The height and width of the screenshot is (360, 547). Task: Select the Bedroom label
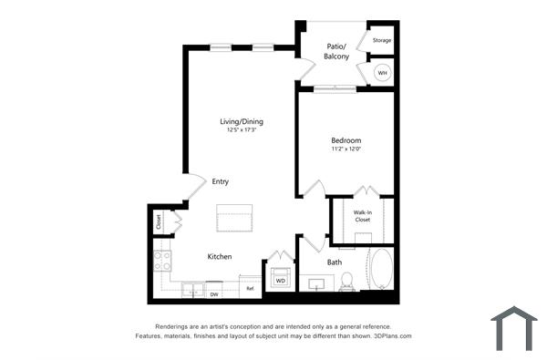pos(346,140)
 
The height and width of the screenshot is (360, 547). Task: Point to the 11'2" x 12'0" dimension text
pos(346,149)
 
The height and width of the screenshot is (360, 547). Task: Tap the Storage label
pos(382,40)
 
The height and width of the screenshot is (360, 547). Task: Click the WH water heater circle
pos(383,73)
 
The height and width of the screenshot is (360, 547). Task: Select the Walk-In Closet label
pos(362,217)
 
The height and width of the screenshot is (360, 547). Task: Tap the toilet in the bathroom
pos(346,284)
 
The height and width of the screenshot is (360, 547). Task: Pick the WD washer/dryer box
pos(280,280)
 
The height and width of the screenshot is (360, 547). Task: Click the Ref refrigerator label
pos(249,289)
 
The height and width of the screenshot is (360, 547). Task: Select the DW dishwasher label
pos(214,294)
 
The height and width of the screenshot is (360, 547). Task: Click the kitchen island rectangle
pos(235,221)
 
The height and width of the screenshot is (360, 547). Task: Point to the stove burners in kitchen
pos(162,262)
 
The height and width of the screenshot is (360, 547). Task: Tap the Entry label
pos(221,181)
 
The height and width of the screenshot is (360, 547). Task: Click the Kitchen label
pos(220,256)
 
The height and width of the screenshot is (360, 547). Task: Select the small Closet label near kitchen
pos(159,221)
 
